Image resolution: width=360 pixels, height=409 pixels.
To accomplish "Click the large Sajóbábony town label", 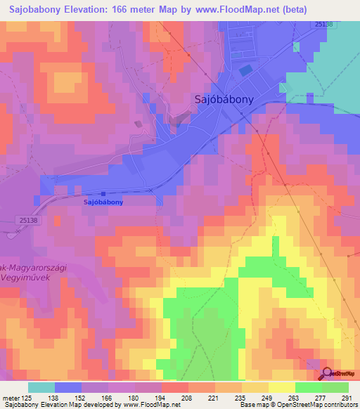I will [224, 100].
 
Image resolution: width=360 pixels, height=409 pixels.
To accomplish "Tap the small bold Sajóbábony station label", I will [103, 202].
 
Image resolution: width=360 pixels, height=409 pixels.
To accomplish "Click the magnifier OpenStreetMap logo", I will [329, 374].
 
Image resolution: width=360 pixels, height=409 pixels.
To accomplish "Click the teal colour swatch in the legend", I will [41, 387].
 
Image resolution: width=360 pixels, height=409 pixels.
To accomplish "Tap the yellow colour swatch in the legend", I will [282, 387].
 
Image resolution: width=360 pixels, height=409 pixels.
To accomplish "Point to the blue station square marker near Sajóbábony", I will [103, 194].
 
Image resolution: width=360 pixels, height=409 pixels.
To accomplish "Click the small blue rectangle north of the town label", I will [245, 70].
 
